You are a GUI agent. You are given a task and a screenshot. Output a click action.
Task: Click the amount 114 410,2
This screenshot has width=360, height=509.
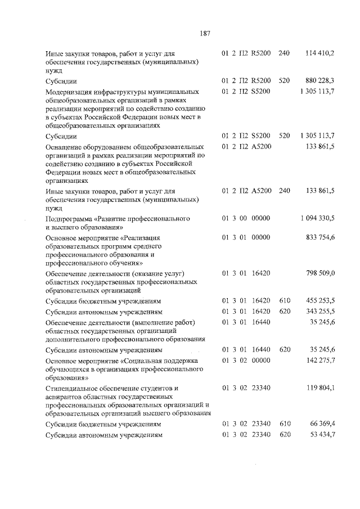click(320, 53)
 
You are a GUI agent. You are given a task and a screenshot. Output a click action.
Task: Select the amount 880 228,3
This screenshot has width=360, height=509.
click(320, 80)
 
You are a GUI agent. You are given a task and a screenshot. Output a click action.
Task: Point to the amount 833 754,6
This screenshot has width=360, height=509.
click(320, 238)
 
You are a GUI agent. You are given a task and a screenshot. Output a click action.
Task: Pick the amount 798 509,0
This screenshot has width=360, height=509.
click(320, 273)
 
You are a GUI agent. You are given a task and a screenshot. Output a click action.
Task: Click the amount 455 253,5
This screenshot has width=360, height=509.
click(320, 301)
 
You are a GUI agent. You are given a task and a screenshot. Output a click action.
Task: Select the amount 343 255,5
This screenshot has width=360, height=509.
click(320, 311)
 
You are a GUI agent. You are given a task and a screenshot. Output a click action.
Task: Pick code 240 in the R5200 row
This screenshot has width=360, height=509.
click(284, 53)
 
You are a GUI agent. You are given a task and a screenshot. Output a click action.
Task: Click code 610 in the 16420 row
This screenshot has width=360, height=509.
click(284, 301)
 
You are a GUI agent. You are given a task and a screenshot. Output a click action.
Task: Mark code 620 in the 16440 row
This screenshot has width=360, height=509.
click(284, 349)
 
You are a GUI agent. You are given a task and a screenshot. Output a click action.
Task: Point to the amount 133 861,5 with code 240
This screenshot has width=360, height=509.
click(320, 191)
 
